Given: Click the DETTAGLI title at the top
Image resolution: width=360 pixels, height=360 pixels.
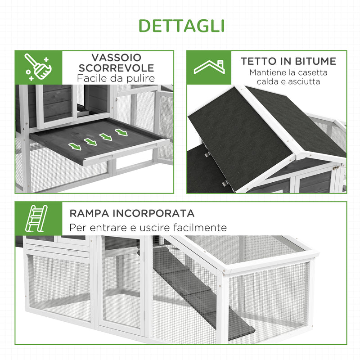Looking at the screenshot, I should tap(181, 26).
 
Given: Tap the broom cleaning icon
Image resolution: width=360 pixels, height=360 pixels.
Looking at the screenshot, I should tap(38, 67).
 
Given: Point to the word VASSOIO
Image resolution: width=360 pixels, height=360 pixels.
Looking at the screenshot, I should tap(116, 58).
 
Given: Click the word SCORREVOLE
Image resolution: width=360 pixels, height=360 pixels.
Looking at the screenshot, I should tap(116, 68).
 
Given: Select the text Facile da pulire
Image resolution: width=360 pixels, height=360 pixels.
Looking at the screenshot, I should tap(116, 79).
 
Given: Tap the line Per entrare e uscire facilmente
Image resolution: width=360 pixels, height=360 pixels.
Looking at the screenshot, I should tap(148, 228).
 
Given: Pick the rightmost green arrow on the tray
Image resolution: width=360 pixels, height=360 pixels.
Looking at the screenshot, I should tap(121, 132).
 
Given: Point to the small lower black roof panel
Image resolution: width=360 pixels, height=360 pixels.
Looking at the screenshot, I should tap(211, 171).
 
